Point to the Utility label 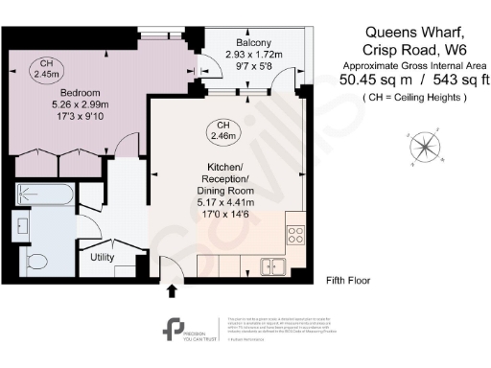pos(104,257)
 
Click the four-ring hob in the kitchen pos(295,233)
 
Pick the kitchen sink pos(276,265)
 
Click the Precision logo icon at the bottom pos(176,328)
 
